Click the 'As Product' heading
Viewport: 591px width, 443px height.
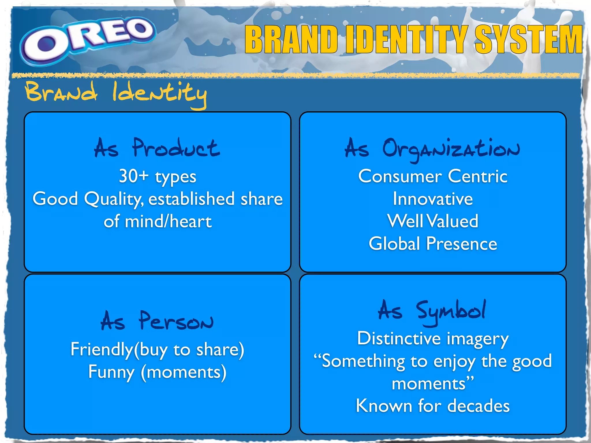click(x=157, y=148)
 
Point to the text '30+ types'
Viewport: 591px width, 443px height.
click(x=158, y=176)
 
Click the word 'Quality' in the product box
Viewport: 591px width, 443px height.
click(x=113, y=199)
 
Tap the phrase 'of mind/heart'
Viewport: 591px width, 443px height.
click(x=158, y=221)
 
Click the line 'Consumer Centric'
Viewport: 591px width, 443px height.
click(x=433, y=176)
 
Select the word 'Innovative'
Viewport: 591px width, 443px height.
click(x=433, y=199)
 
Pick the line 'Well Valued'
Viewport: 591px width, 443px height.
click(x=433, y=221)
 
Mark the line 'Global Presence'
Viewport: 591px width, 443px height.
click(x=433, y=244)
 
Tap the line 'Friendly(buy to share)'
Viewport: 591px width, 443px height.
click(x=157, y=350)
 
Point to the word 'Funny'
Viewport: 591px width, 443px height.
click(x=111, y=372)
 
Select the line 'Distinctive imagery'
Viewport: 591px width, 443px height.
click(x=433, y=338)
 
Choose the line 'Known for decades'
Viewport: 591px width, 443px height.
click(x=433, y=406)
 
